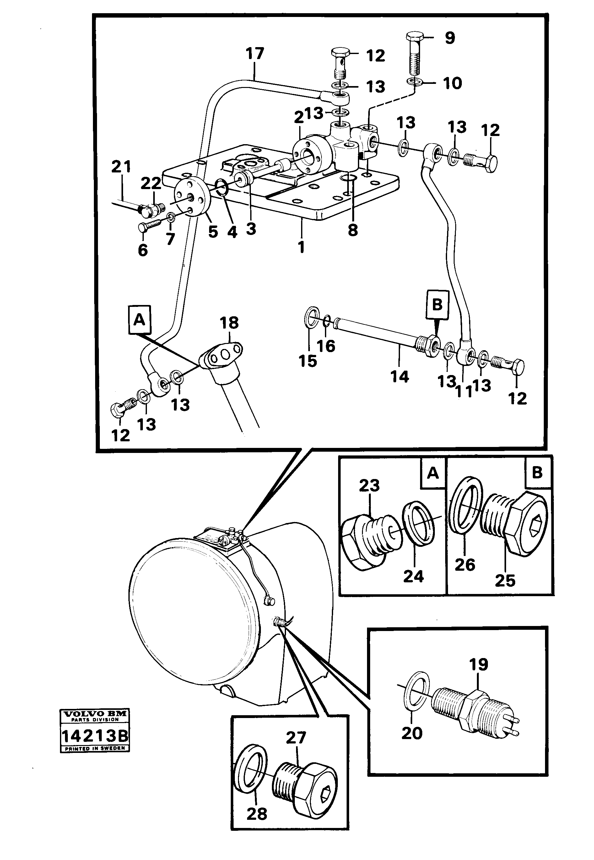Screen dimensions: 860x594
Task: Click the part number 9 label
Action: [450, 38]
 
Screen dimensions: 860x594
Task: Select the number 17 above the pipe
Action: [255, 54]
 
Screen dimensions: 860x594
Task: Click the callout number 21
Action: [121, 166]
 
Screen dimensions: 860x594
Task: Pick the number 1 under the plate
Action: [301, 247]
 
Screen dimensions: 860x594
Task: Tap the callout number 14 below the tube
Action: [400, 377]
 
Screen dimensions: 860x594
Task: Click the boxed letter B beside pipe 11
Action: [437, 305]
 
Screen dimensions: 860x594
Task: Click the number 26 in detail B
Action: [465, 565]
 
